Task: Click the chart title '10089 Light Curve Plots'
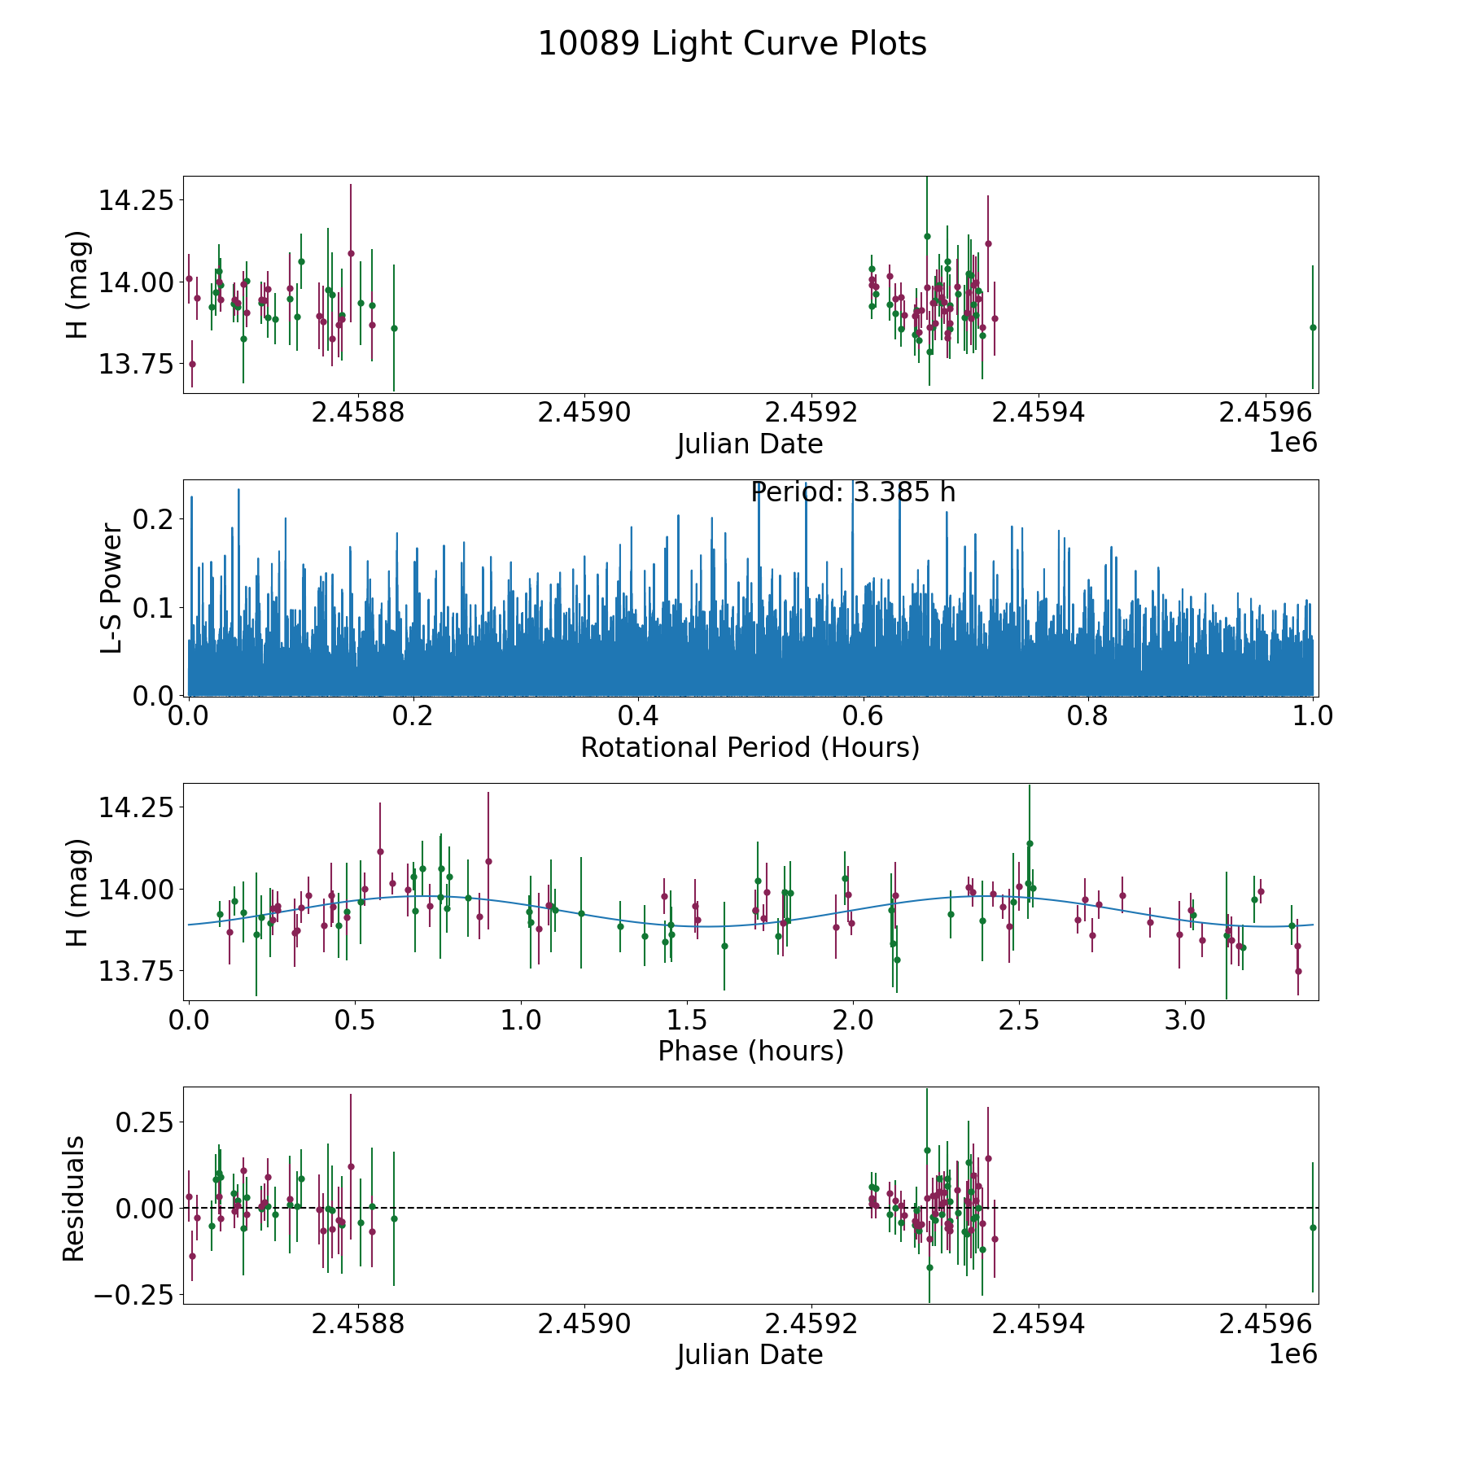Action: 732,44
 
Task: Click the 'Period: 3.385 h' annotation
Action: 852,492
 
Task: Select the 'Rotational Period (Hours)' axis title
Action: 750,747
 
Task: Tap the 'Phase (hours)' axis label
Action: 750,1051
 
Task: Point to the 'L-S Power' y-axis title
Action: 112,588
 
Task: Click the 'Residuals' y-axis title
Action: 74,1199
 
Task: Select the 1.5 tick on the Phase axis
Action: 686,1021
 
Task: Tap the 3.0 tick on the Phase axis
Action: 1184,1021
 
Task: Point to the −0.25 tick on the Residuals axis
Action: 133,1294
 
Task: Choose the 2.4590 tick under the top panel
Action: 584,413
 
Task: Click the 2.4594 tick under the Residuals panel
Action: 1038,1325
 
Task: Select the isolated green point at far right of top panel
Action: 1313,327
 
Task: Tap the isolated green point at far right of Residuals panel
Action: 1313,1227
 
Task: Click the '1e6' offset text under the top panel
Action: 1292,443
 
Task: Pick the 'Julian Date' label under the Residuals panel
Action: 750,1355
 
